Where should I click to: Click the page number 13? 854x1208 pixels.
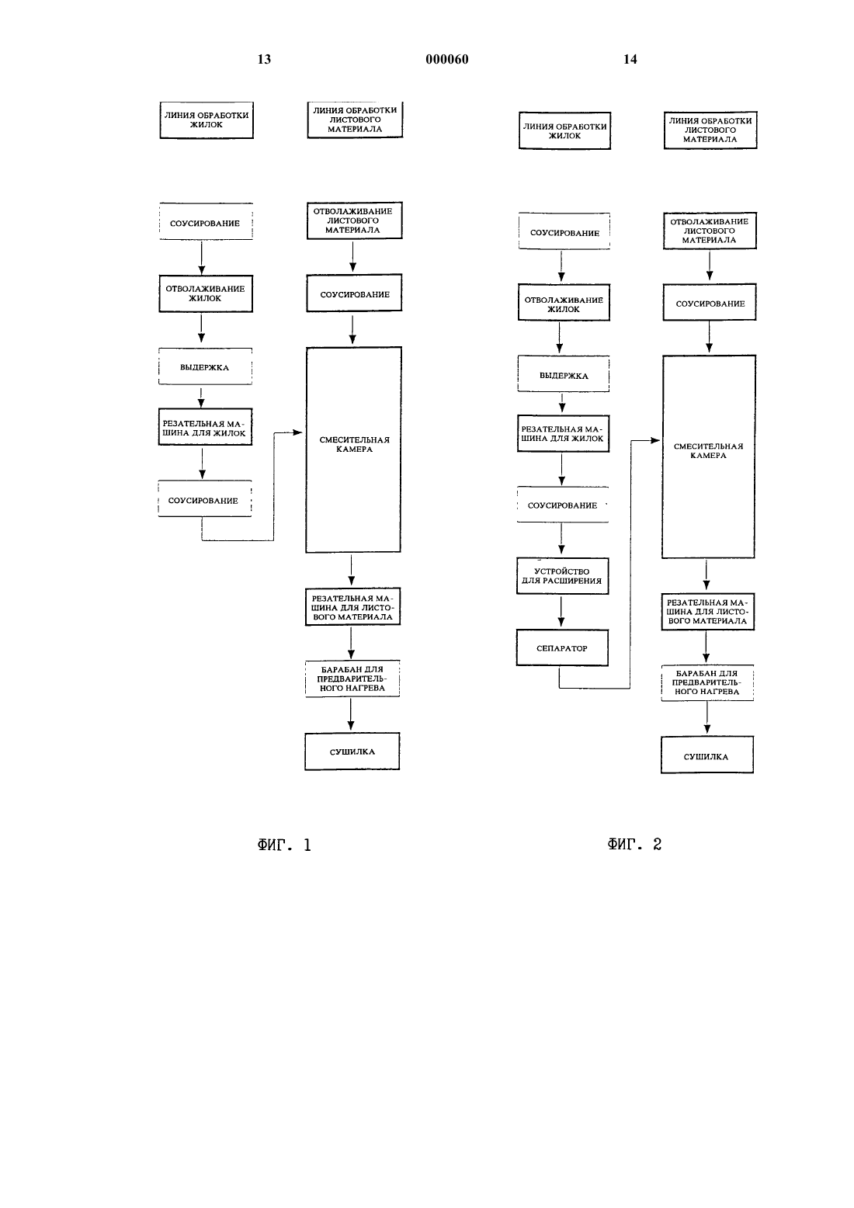pyautogui.click(x=264, y=59)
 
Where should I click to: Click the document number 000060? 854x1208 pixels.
pyautogui.click(x=447, y=59)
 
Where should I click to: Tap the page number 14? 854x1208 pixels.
pyautogui.click(x=630, y=59)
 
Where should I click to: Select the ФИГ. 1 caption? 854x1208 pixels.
pyautogui.click(x=284, y=845)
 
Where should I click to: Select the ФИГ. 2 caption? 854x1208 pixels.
pyautogui.click(x=634, y=844)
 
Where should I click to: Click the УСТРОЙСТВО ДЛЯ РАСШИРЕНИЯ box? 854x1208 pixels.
pyautogui.click(x=562, y=576)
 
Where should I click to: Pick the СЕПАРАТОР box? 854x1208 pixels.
pyautogui.click(x=562, y=647)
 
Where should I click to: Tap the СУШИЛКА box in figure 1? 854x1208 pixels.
pyautogui.click(x=352, y=752)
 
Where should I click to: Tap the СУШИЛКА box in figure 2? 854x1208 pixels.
pyautogui.click(x=706, y=755)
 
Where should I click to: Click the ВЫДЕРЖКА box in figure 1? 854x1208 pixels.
pyautogui.click(x=205, y=366)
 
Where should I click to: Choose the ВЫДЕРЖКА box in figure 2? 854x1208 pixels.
pyautogui.click(x=564, y=373)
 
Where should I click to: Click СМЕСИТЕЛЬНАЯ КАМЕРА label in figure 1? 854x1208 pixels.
pyautogui.click(x=354, y=444)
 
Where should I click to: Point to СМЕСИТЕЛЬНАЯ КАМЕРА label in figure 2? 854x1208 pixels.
pyautogui.click(x=708, y=451)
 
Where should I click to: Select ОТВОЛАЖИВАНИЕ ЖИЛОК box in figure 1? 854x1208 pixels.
pyautogui.click(x=206, y=294)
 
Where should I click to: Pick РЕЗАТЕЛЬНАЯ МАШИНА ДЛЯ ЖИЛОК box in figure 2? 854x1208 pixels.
pyautogui.click(x=563, y=433)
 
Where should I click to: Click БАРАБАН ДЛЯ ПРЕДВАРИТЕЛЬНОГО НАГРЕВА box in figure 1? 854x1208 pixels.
pyautogui.click(x=352, y=679)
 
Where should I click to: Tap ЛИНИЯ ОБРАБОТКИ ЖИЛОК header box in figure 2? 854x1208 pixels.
pyautogui.click(x=564, y=130)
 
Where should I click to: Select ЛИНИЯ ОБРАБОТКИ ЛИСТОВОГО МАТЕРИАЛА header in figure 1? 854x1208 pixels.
pyautogui.click(x=355, y=120)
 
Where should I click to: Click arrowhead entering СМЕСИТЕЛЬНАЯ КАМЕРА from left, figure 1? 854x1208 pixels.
pyautogui.click(x=297, y=432)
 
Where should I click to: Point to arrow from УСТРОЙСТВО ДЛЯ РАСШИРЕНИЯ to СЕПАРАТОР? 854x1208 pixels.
pyautogui.click(x=561, y=612)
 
